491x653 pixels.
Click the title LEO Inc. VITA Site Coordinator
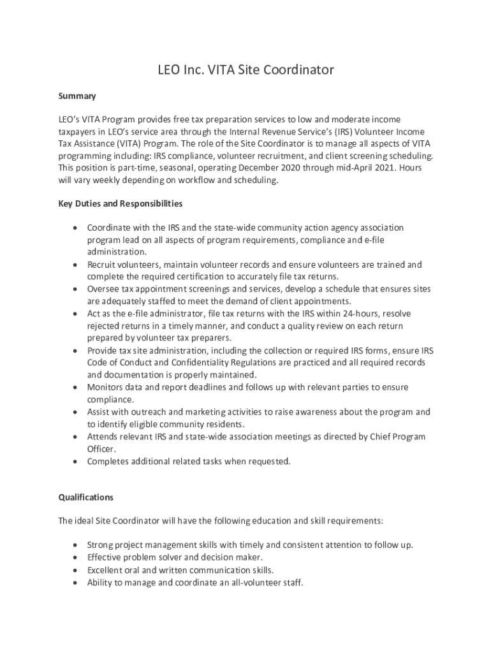(x=246, y=70)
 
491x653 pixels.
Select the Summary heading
(x=77, y=96)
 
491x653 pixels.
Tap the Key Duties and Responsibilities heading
(x=121, y=203)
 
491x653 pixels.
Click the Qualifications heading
(x=85, y=496)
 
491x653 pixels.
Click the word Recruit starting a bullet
(x=103, y=265)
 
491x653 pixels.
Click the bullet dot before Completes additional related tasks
(x=76, y=461)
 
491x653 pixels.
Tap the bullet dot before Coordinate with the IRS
(x=76, y=228)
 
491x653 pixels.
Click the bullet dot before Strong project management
(x=76, y=545)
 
